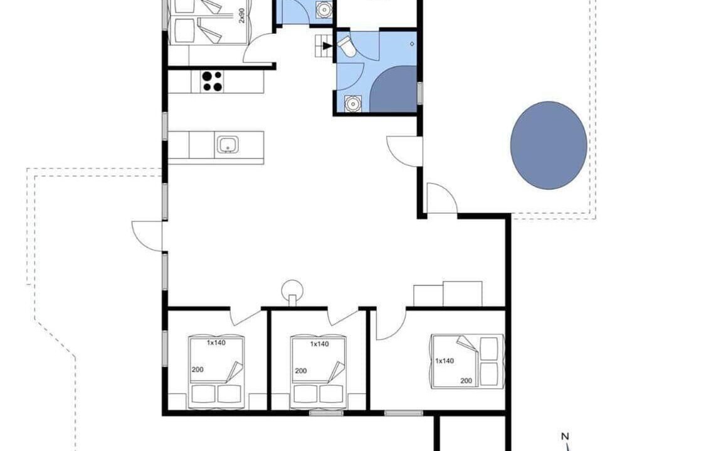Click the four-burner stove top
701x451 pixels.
(x=212, y=81)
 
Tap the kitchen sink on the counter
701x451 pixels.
(x=228, y=145)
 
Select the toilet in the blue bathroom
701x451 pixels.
(x=347, y=47)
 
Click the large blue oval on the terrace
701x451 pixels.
(x=549, y=145)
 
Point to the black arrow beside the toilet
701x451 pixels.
(x=328, y=46)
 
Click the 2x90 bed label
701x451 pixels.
(x=241, y=15)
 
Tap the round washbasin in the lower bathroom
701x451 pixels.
(x=353, y=104)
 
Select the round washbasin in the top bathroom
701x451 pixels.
(x=324, y=9)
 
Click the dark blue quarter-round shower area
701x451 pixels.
(x=393, y=90)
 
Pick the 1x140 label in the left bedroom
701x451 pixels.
(x=216, y=343)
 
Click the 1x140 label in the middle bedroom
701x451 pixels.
(x=319, y=344)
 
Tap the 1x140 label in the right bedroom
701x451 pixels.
(x=445, y=361)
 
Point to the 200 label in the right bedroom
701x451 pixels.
(x=466, y=381)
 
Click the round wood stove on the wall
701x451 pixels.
(x=292, y=292)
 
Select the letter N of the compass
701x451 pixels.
(x=565, y=436)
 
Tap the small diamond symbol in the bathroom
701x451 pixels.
(x=412, y=44)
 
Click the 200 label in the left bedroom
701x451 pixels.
(x=198, y=370)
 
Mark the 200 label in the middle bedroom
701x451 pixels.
(x=301, y=371)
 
